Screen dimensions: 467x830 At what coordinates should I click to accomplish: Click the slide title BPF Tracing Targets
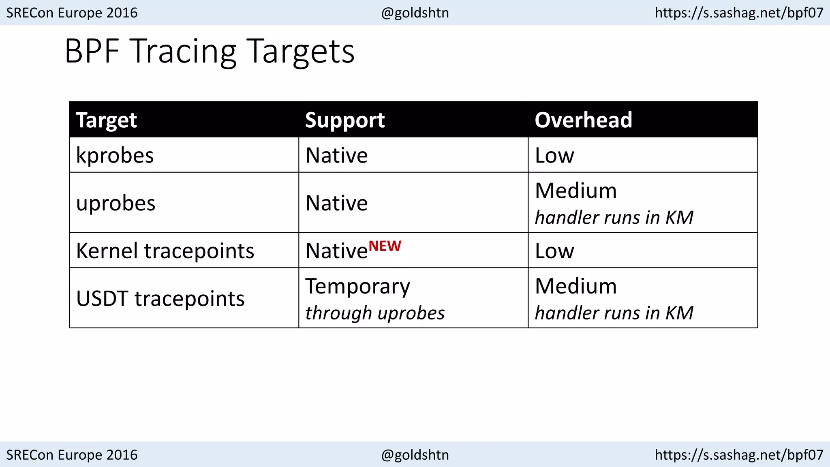point(210,51)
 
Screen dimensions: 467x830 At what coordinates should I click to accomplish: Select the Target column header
point(106,120)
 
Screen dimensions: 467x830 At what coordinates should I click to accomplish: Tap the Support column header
point(345,120)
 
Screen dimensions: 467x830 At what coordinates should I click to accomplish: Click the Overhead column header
point(583,120)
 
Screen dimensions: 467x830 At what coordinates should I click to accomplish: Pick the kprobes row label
point(115,155)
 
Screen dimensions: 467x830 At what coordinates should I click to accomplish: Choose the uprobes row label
point(116,203)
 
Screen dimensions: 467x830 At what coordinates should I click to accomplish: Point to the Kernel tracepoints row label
point(165,251)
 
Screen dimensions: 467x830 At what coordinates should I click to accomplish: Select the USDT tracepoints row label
point(160,298)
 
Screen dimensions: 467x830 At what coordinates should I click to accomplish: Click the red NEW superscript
point(385,246)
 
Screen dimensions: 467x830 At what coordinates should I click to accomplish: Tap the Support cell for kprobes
point(336,155)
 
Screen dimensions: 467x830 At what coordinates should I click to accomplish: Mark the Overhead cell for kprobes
point(554,155)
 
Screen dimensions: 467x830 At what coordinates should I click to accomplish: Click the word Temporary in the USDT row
point(357,286)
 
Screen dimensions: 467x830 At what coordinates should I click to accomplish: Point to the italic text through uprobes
point(375,313)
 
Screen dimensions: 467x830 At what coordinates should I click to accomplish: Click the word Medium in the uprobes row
point(576,191)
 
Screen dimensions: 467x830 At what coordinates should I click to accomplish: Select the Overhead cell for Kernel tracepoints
point(554,251)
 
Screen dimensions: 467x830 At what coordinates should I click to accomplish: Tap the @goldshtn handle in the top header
point(415,13)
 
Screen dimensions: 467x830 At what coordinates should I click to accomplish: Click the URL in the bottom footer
point(739,455)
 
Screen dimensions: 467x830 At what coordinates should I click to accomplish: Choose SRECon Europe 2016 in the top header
point(72,13)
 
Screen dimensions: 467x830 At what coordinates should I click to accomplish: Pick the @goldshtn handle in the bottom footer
point(415,455)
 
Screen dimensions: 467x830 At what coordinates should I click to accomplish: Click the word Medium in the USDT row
point(576,286)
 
